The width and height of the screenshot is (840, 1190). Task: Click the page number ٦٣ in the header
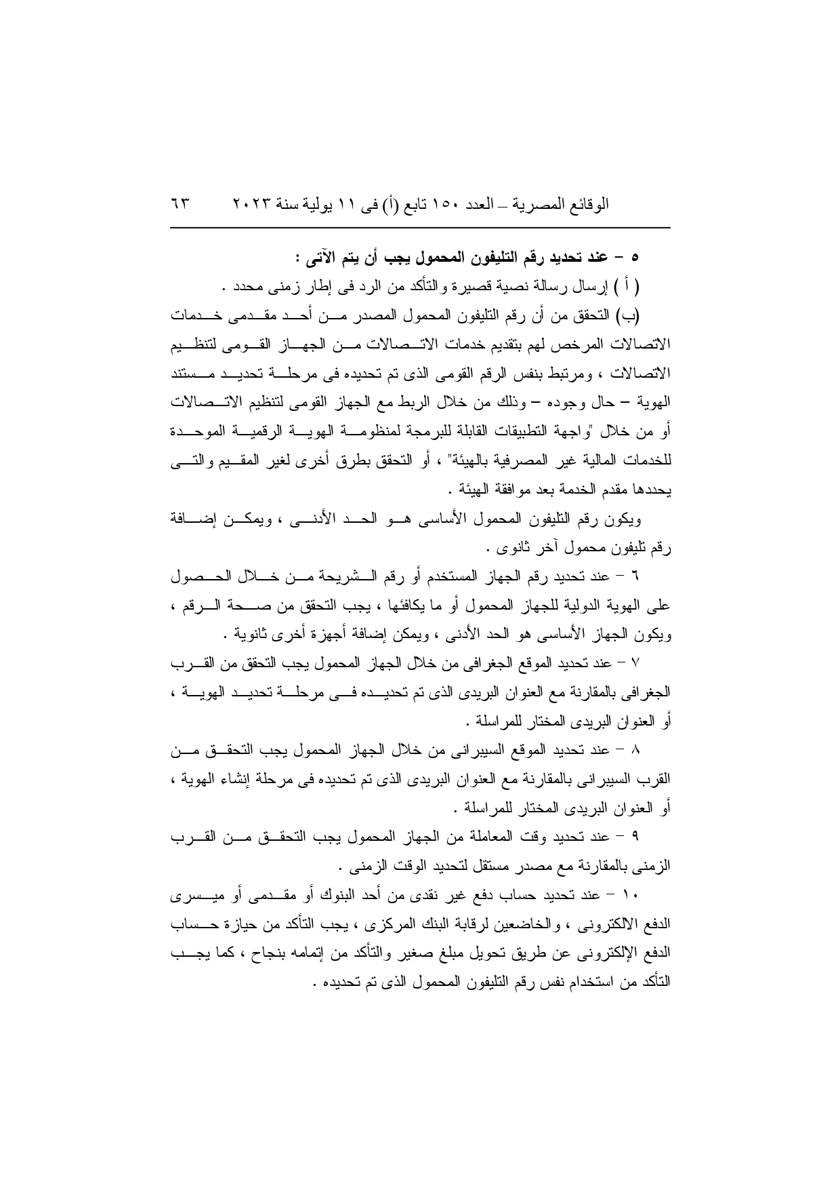(180, 203)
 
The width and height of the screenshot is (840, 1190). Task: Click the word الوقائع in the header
(589, 203)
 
